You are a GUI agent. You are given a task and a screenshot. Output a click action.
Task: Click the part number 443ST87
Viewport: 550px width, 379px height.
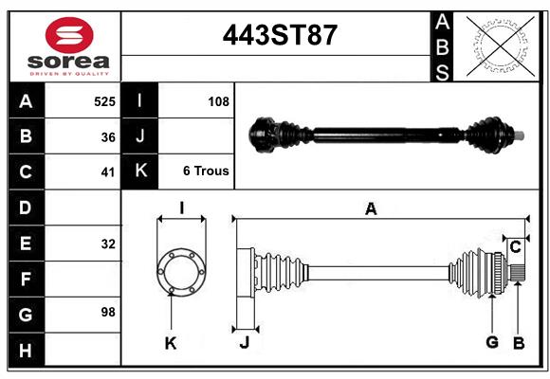point(279,35)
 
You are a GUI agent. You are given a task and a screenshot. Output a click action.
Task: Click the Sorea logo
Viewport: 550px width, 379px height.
point(69,46)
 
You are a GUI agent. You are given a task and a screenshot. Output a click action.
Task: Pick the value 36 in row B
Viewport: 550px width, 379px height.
point(108,136)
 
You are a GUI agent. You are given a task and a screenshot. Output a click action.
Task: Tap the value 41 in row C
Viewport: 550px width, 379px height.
point(108,172)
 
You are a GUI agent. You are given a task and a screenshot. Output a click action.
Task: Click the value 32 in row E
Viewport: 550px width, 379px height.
point(108,244)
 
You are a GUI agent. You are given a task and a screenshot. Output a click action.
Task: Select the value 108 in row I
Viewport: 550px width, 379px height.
point(218,100)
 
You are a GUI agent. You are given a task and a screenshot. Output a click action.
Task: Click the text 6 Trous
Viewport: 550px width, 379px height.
point(206,171)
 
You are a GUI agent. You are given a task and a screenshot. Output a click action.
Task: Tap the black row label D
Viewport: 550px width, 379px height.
point(26,208)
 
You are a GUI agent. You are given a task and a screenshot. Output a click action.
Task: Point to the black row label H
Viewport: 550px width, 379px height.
point(26,351)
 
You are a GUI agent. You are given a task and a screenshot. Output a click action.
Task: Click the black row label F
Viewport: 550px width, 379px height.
point(26,280)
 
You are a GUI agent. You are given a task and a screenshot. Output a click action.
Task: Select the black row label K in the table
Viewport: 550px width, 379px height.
point(139,171)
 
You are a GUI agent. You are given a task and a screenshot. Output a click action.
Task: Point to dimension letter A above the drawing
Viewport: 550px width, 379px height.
point(372,209)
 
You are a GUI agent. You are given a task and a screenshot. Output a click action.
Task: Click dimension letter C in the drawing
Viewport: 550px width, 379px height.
point(515,247)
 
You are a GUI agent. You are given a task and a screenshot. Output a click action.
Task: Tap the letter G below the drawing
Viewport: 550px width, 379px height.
point(492,342)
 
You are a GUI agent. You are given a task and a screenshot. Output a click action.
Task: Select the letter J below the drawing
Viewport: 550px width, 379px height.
point(244,343)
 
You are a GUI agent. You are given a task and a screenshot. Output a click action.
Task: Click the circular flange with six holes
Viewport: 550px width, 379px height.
point(180,272)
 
